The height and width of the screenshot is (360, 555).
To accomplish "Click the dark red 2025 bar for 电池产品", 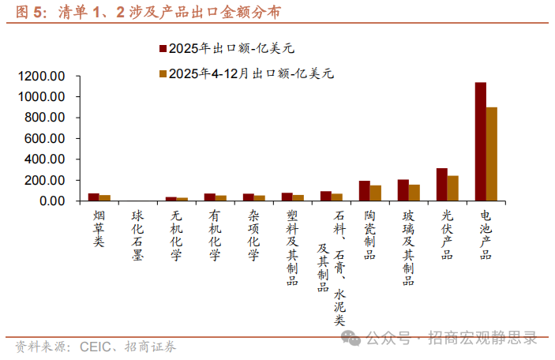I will point(480,142).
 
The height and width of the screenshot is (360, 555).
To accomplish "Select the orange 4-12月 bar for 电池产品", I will point(492,154).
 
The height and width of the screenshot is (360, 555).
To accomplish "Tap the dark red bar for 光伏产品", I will point(442,185).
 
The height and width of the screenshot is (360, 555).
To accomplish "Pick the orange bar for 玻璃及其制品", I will point(414,193).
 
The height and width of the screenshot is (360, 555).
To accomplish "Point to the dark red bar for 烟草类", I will point(93,197).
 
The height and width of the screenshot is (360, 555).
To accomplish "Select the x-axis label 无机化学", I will point(176,234).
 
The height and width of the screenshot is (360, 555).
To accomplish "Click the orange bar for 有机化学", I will point(220,198).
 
